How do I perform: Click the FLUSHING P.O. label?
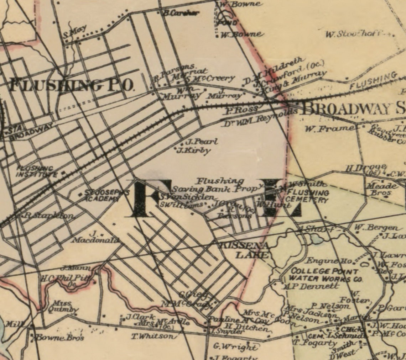click(71, 85)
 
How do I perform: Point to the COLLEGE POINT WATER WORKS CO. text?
click(326, 275)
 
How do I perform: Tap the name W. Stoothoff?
click(358, 34)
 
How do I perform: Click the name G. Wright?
click(235, 346)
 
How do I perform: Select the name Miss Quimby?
click(64, 306)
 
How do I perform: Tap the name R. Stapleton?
click(50, 216)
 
